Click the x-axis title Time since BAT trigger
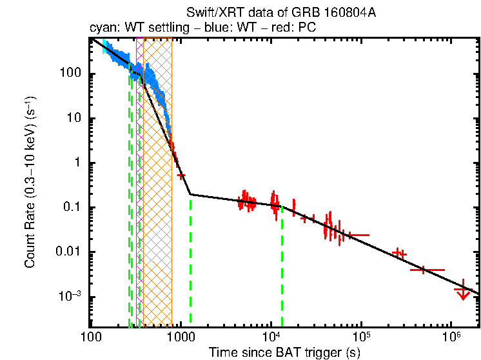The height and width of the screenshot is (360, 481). click(284, 353)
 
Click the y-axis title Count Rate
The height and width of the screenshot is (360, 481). click(30, 183)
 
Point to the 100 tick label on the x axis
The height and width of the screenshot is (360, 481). click(91, 337)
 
